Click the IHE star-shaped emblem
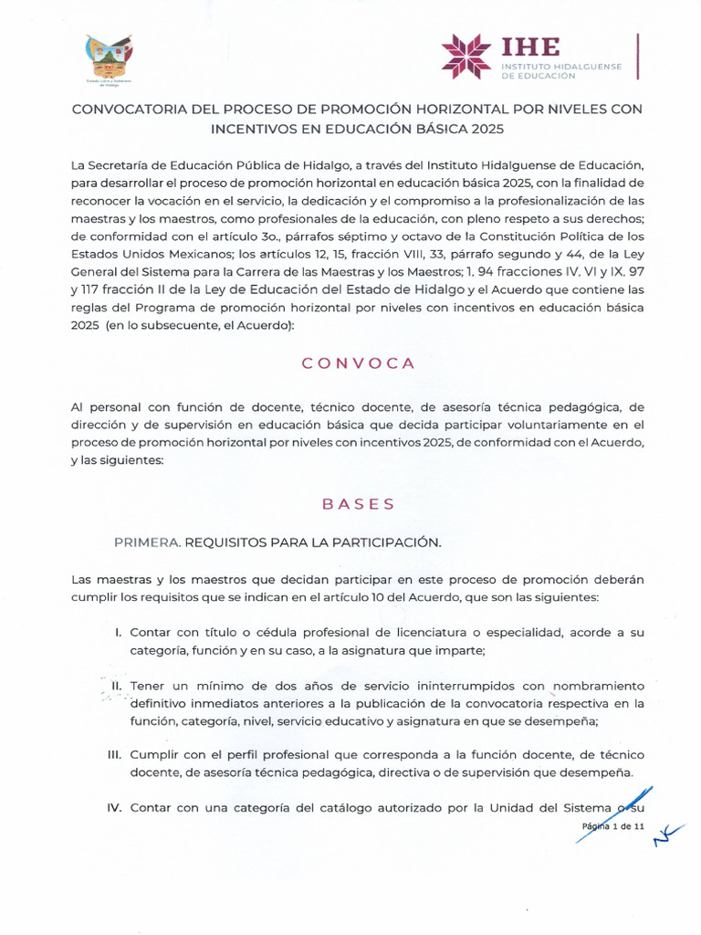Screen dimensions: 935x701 coord(466,57)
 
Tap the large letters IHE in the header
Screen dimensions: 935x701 coord(530,47)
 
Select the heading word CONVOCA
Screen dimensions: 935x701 coord(359,362)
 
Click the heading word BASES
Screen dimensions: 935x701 coord(359,503)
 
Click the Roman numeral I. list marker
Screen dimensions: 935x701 coord(119,632)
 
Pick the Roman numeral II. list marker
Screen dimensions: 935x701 coord(117,685)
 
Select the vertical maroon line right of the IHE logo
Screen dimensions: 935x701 coord(637,56)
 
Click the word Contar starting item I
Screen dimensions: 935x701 coord(152,632)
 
